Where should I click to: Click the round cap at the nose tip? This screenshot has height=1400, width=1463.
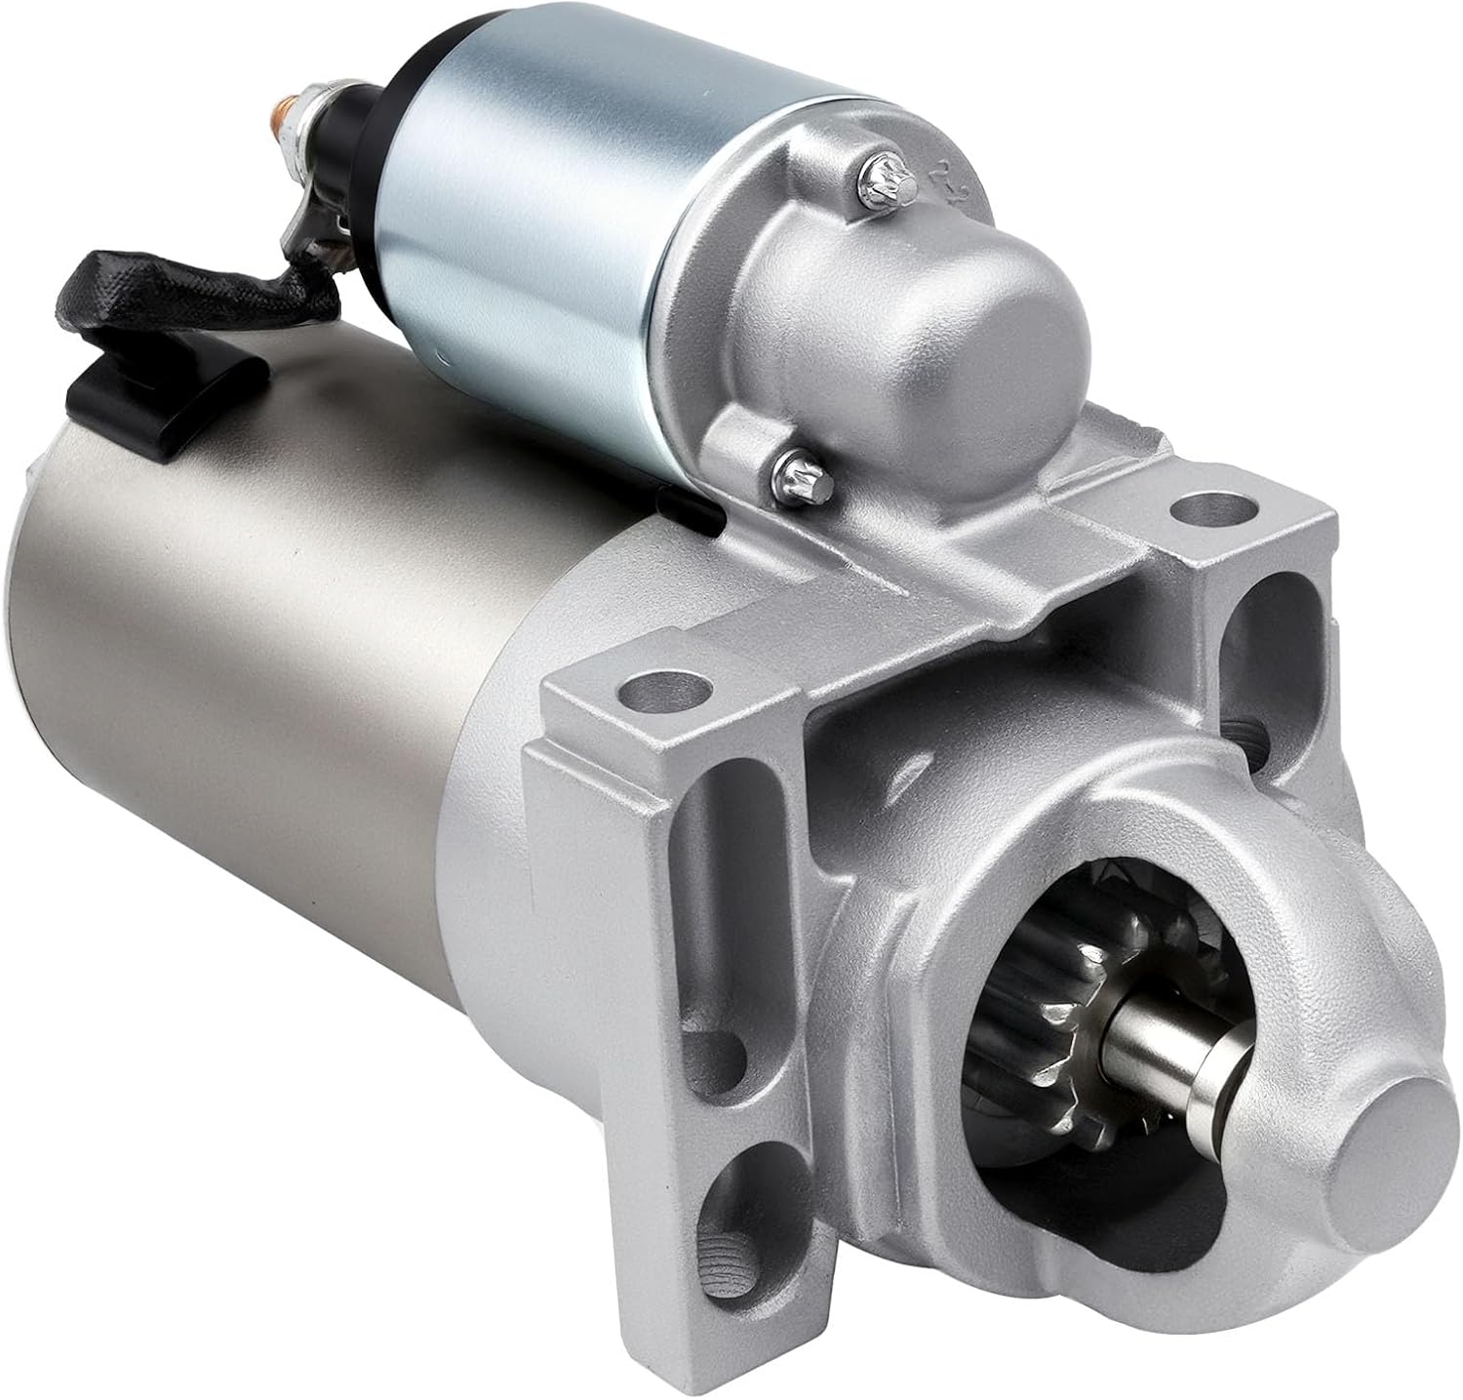pyautogui.click(x=1365, y=1122)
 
